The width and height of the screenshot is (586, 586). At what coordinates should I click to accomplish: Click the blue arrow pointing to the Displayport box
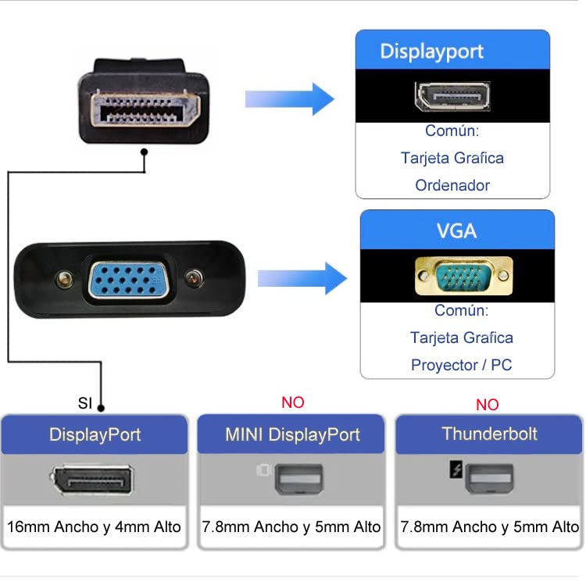[289, 99]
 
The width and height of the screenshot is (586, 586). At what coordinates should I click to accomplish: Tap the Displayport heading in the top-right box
[432, 52]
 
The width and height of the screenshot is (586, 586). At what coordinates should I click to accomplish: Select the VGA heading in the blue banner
[456, 231]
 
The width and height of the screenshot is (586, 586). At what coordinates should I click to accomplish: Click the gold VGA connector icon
[463, 276]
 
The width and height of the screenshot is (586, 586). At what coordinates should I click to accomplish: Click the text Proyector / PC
[461, 365]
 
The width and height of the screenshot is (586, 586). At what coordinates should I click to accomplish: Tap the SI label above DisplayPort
[85, 404]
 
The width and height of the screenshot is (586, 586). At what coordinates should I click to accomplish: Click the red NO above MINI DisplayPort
[292, 402]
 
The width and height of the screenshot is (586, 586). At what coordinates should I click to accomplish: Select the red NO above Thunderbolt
[487, 405]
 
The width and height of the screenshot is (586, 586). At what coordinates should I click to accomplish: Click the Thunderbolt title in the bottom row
[489, 434]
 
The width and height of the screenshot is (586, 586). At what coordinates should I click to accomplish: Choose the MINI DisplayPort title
[292, 434]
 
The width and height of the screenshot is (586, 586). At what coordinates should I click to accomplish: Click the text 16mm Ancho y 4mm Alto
[94, 527]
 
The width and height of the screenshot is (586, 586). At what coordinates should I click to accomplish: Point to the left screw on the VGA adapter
[64, 278]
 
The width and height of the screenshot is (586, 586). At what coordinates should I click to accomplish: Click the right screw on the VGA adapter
[195, 278]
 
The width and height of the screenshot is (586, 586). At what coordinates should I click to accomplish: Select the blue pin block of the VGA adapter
[129, 279]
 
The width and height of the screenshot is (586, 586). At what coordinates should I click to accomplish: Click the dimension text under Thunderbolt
[489, 527]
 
